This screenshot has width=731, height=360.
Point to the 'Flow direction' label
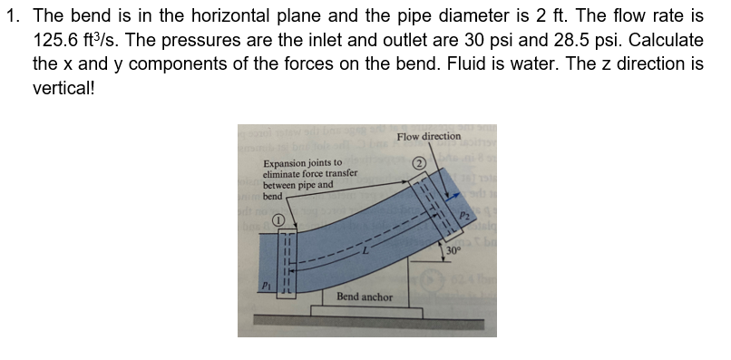pos(428,136)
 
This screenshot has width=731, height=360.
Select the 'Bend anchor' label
pos(364,297)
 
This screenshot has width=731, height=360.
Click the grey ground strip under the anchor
pos(363,320)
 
